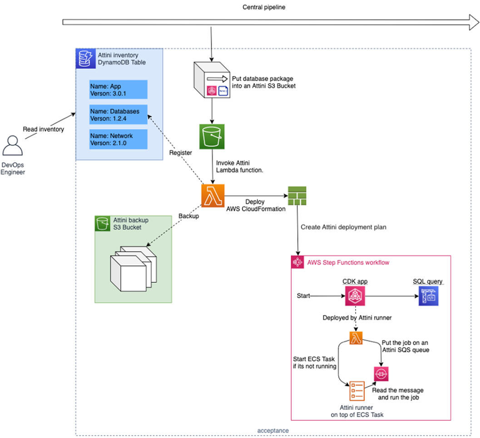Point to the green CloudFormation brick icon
click(x=297, y=196)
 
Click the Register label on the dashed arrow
click(x=180, y=153)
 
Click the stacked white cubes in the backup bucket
click(x=131, y=268)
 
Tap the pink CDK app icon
click(x=355, y=296)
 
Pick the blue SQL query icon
click(x=428, y=296)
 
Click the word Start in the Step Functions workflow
click(x=303, y=296)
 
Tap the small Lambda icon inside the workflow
click(x=356, y=337)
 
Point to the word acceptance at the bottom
click(x=273, y=430)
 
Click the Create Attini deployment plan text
click(x=344, y=227)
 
